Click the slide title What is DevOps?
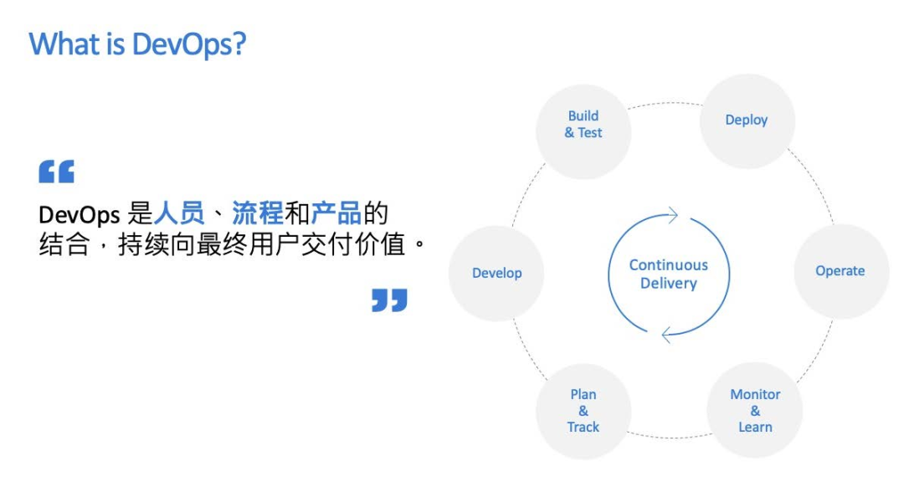click(137, 44)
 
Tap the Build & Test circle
click(583, 125)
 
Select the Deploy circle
click(746, 120)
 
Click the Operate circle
click(840, 271)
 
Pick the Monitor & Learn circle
click(754, 410)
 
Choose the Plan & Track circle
click(583, 410)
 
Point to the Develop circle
click(497, 273)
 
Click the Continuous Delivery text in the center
click(669, 274)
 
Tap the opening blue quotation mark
click(57, 172)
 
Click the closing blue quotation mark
click(389, 300)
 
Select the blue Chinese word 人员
click(179, 214)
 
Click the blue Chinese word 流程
click(258, 214)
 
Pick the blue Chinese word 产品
click(336, 214)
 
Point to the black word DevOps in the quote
click(80, 215)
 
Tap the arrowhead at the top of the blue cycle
click(670, 216)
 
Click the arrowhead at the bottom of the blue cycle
click(668, 335)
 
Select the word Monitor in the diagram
click(755, 394)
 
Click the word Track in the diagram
click(583, 427)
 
